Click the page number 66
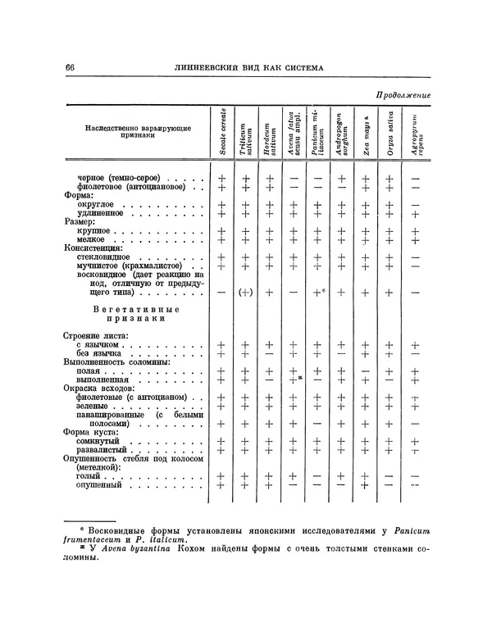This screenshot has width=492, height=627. pyautogui.click(x=69, y=67)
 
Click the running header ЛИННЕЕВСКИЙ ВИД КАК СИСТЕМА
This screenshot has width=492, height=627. pyautogui.click(x=250, y=67)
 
